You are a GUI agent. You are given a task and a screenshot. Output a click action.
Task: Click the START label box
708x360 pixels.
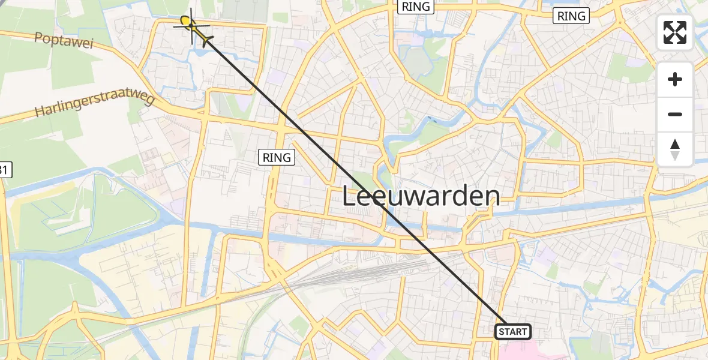click(x=513, y=332)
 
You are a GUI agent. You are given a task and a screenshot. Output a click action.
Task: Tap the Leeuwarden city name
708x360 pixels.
click(x=421, y=196)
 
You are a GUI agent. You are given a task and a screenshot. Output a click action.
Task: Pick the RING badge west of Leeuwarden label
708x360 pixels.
click(x=277, y=158)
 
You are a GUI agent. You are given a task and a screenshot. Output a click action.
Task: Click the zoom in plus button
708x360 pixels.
click(x=675, y=80)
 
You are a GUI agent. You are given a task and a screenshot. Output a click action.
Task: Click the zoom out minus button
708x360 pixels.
click(x=675, y=114)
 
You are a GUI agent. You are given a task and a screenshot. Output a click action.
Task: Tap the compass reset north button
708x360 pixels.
click(x=675, y=149)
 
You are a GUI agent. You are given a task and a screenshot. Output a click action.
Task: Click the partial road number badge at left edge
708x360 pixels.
click(x=4, y=171)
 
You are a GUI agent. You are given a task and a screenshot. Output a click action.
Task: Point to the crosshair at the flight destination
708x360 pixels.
click(x=192, y=26)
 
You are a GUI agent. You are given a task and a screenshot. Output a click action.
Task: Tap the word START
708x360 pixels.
click(x=513, y=332)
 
